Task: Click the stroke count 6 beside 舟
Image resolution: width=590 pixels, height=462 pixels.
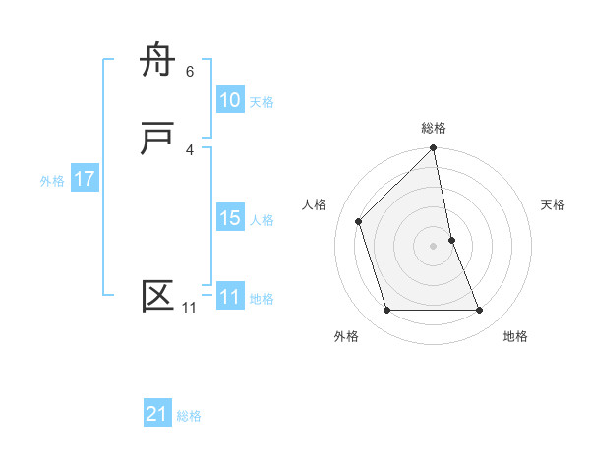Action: tap(190, 71)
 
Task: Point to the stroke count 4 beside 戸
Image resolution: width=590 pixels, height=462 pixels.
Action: tap(190, 149)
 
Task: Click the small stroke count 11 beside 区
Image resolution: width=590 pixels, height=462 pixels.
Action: tap(189, 308)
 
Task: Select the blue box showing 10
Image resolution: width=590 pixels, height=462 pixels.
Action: tap(229, 100)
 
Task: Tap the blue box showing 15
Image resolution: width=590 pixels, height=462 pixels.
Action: tap(229, 218)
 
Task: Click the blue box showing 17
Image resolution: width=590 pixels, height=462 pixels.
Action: tap(84, 179)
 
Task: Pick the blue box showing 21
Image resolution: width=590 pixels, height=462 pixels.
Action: tap(157, 414)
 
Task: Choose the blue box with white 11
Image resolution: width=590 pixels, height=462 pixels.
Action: tap(229, 297)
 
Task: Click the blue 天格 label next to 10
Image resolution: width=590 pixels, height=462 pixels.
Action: tap(262, 102)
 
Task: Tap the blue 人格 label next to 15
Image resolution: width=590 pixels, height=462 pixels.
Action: tap(262, 220)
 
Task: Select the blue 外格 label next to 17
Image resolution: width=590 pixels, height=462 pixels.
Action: tap(52, 181)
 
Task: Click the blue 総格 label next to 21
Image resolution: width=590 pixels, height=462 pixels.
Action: tap(189, 416)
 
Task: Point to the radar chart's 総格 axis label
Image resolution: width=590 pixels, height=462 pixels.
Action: tap(434, 128)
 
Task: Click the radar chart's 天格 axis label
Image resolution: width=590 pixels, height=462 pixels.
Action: tap(554, 204)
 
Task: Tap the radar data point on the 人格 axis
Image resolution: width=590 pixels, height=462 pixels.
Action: tap(359, 221)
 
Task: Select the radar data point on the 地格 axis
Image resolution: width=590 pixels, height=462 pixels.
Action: tap(480, 311)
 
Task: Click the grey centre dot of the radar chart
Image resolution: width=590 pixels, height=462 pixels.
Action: tap(434, 246)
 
